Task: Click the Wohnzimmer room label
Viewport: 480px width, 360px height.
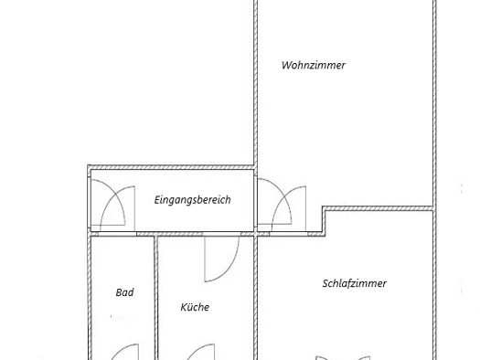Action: (314, 65)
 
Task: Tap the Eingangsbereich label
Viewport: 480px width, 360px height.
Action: (192, 200)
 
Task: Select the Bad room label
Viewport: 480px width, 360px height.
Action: (124, 292)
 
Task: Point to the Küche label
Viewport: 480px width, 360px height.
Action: (195, 307)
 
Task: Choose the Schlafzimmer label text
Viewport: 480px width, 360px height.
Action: (355, 283)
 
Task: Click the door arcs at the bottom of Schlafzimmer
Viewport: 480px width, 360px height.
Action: (343, 358)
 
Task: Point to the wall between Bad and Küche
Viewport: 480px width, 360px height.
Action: (155, 298)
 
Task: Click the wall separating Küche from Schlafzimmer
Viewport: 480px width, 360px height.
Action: (256, 298)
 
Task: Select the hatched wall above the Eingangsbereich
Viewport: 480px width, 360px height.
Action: (170, 167)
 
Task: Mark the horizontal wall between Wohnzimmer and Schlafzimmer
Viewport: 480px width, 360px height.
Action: (379, 208)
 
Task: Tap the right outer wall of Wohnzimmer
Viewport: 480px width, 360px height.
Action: (434, 104)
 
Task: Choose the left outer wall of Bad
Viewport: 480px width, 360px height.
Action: (90, 298)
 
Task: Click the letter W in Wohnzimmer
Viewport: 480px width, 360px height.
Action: (286, 65)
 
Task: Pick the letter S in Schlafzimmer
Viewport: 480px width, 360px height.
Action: (325, 283)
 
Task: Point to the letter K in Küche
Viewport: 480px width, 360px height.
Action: (183, 307)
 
